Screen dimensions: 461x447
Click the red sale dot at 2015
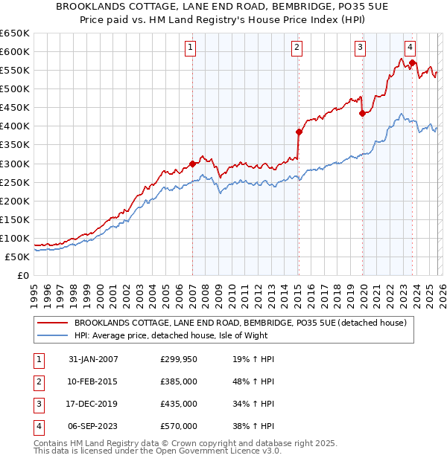(x=299, y=132)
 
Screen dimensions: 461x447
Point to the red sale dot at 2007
(x=192, y=164)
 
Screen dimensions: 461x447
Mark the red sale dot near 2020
(x=363, y=113)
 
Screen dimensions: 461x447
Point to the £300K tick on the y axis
(x=15, y=164)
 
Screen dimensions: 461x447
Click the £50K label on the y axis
(x=17, y=257)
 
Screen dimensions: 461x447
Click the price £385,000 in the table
(x=179, y=381)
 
